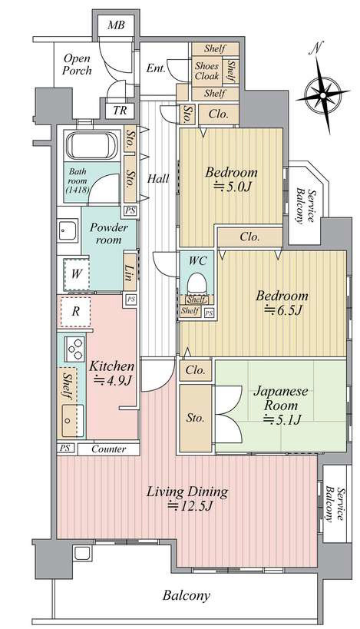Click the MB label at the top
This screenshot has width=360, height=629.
pyautogui.click(x=116, y=25)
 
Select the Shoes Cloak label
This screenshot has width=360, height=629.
pyautogui.click(x=206, y=71)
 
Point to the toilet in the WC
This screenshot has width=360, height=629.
pyautogui.click(x=197, y=283)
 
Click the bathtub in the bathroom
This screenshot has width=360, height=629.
pyautogui.click(x=92, y=145)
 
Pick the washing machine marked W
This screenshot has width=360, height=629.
pyautogui.click(x=76, y=274)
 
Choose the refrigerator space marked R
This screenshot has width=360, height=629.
pyautogui.click(x=76, y=312)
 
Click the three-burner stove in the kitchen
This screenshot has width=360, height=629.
pyautogui.click(x=74, y=349)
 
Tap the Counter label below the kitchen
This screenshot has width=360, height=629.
pyautogui.click(x=109, y=449)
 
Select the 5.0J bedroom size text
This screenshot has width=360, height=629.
pyautogui.click(x=235, y=187)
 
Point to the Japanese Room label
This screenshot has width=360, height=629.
pyautogui.click(x=281, y=398)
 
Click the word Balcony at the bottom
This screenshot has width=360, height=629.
pyautogui.click(x=186, y=595)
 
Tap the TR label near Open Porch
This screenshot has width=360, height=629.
pyautogui.click(x=120, y=111)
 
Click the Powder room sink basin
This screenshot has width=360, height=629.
pyautogui.click(x=68, y=230)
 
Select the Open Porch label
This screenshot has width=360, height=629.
pyautogui.click(x=78, y=65)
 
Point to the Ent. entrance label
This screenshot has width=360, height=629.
pyautogui.click(x=156, y=68)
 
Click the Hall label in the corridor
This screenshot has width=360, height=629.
pyautogui.click(x=158, y=178)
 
